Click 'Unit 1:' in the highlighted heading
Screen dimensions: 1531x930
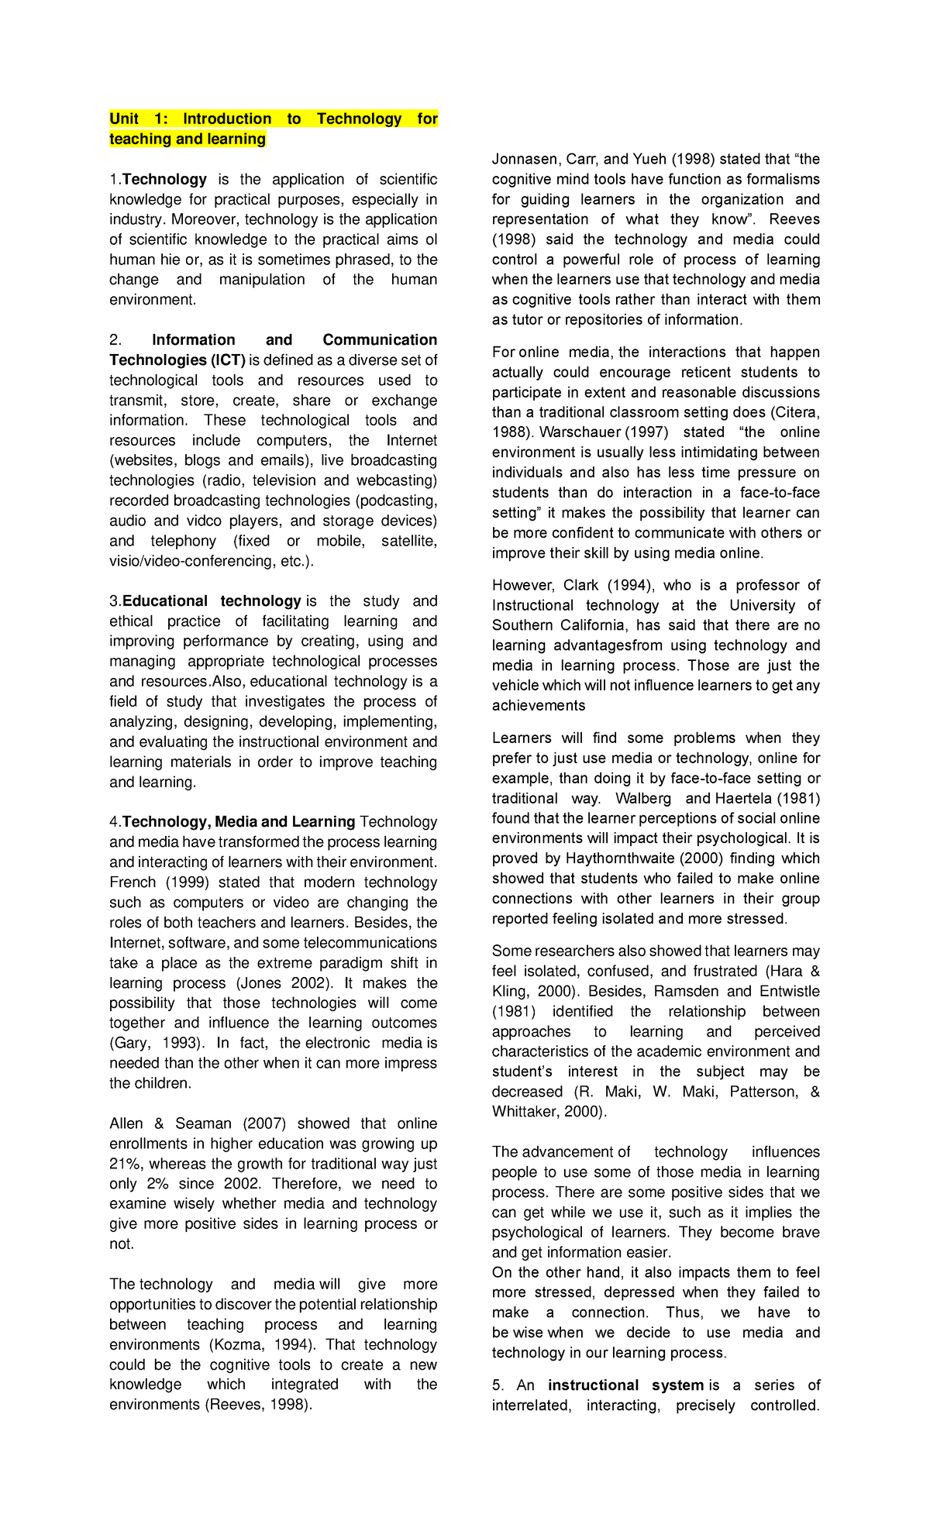click(x=137, y=119)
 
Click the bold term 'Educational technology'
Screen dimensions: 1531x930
click(x=212, y=601)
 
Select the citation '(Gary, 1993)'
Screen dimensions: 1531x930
click(x=157, y=1043)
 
